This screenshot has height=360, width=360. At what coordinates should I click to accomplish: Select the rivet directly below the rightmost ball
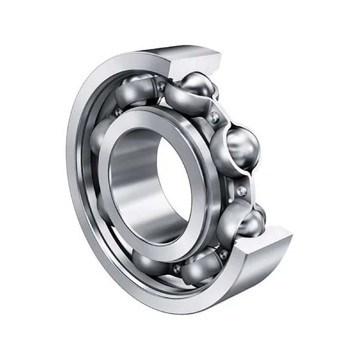(x=241, y=191)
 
